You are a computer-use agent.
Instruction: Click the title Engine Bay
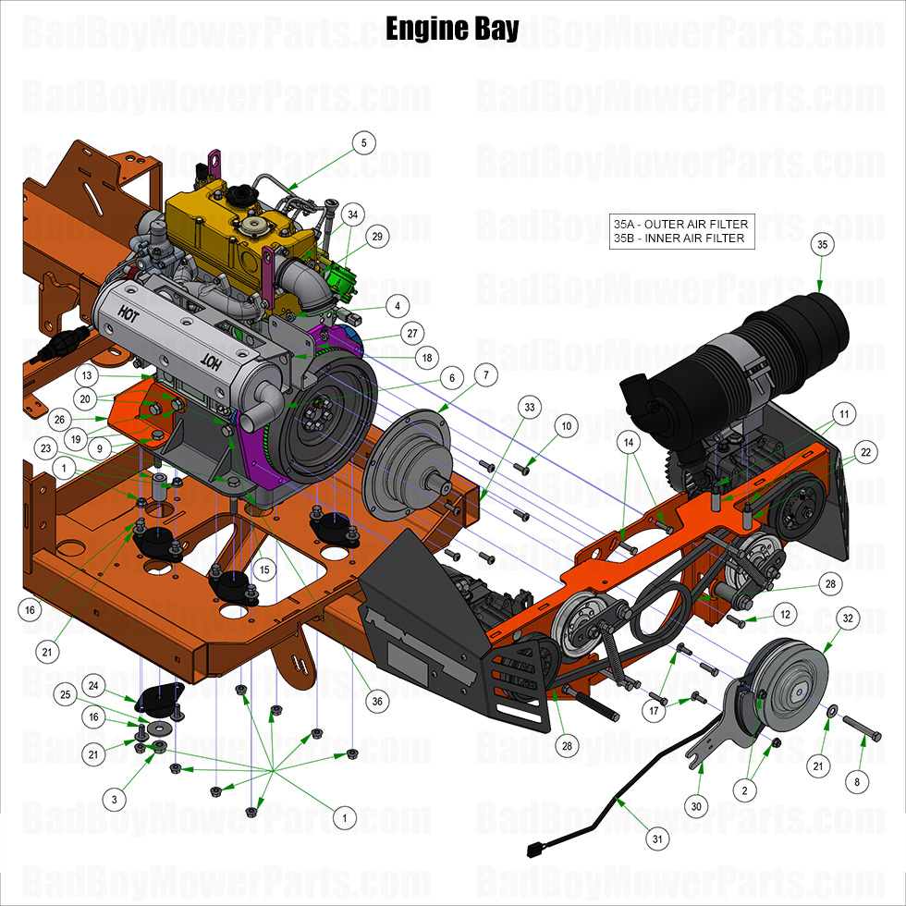pyautogui.click(x=452, y=28)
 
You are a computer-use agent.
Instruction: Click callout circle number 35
pyautogui.click(x=822, y=245)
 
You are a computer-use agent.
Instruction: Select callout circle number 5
pyautogui.click(x=364, y=143)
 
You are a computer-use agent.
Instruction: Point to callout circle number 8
pyautogui.click(x=856, y=781)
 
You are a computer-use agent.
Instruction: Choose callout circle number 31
pyautogui.click(x=657, y=839)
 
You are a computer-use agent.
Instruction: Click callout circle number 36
pyautogui.click(x=377, y=702)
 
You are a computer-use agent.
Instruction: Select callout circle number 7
pyautogui.click(x=484, y=374)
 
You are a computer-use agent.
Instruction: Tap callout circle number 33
pyautogui.click(x=529, y=407)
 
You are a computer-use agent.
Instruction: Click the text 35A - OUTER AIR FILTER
pyautogui.click(x=680, y=224)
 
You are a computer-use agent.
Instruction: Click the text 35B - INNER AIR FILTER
pyautogui.click(x=679, y=239)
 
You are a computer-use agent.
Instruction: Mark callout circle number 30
pyautogui.click(x=697, y=806)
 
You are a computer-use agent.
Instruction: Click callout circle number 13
pyautogui.click(x=86, y=376)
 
